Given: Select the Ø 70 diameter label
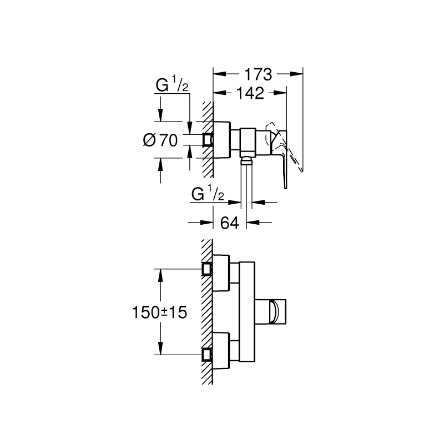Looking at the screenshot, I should pyautogui.click(x=160, y=140).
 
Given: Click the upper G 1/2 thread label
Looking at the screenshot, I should pyautogui.click(x=172, y=87).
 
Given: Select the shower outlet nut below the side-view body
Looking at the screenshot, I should pyautogui.click(x=247, y=162).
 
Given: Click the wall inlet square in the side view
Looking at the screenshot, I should pyautogui.click(x=208, y=139).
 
